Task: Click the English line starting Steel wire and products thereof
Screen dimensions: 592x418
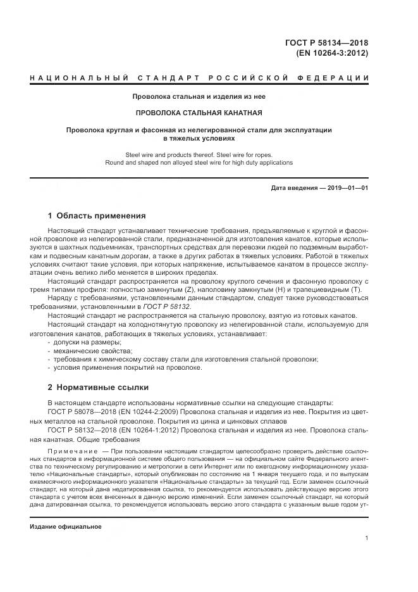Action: click(x=200, y=154)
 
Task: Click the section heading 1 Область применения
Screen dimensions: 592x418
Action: click(x=96, y=215)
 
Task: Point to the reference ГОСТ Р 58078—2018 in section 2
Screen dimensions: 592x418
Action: click(x=80, y=412)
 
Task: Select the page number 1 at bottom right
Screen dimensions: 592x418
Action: click(x=367, y=538)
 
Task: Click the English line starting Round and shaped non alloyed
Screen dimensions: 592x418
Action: click(x=200, y=163)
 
